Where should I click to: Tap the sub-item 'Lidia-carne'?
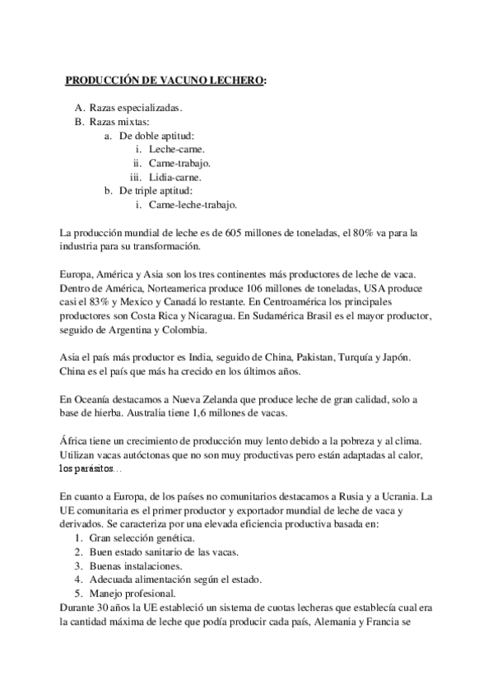click(175, 177)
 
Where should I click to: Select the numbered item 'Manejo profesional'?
click(133, 593)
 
